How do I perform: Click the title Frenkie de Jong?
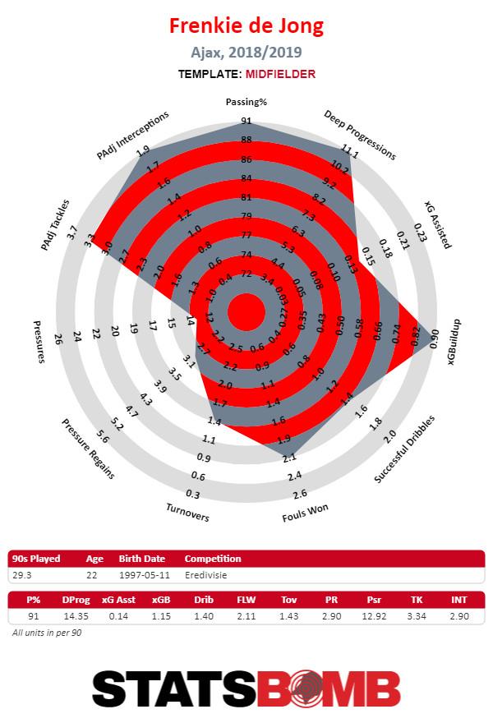click(246, 26)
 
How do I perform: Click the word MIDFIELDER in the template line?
click(279, 74)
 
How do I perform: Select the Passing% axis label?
click(246, 102)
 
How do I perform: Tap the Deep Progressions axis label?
click(359, 136)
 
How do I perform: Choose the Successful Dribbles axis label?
click(404, 449)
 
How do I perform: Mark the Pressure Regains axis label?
click(87, 448)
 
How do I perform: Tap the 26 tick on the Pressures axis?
click(58, 338)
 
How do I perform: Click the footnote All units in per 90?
click(46, 633)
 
